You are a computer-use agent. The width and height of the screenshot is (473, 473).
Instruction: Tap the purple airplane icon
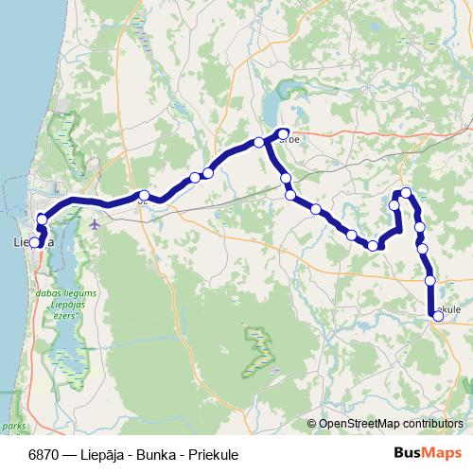point(95,224)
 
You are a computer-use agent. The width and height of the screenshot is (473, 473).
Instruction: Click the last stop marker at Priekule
point(438,317)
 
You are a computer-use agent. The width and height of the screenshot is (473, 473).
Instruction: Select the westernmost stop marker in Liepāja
point(34,242)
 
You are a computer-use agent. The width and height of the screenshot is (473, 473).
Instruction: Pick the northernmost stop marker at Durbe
point(283,133)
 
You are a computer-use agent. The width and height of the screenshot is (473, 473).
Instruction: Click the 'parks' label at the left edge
point(13,428)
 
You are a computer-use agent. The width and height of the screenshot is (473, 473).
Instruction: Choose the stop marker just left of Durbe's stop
point(258,143)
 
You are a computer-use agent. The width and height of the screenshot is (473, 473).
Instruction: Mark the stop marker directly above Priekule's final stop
point(430,280)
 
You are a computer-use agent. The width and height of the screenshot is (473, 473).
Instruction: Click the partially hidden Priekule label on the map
point(449,308)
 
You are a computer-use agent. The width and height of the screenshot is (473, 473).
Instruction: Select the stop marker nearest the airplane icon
point(144,196)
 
